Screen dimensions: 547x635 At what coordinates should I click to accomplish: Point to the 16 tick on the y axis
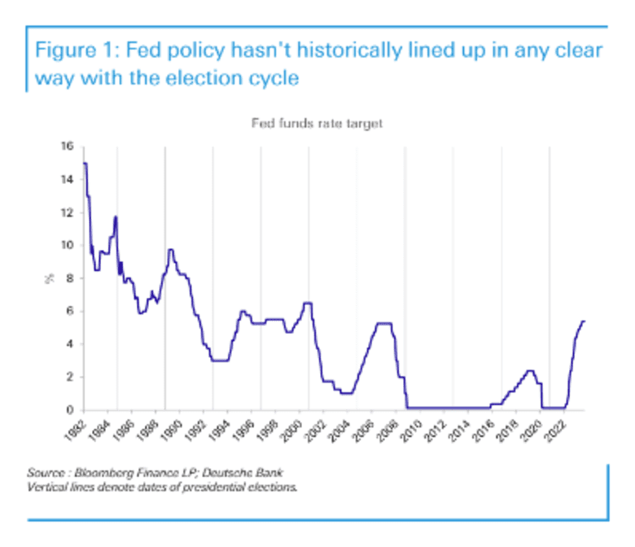coord(68,147)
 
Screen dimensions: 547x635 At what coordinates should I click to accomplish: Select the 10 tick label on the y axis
coord(68,245)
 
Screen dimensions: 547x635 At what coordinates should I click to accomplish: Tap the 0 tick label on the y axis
coord(70,410)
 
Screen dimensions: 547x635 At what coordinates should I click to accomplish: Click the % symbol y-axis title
coord(48,278)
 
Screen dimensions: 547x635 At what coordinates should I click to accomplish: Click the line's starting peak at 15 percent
coord(85,164)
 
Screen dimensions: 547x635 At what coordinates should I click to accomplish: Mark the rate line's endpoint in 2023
coord(585,321)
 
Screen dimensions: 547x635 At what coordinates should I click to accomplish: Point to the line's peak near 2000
coord(308,303)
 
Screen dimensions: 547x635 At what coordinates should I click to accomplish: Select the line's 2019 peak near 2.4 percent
coord(530,370)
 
